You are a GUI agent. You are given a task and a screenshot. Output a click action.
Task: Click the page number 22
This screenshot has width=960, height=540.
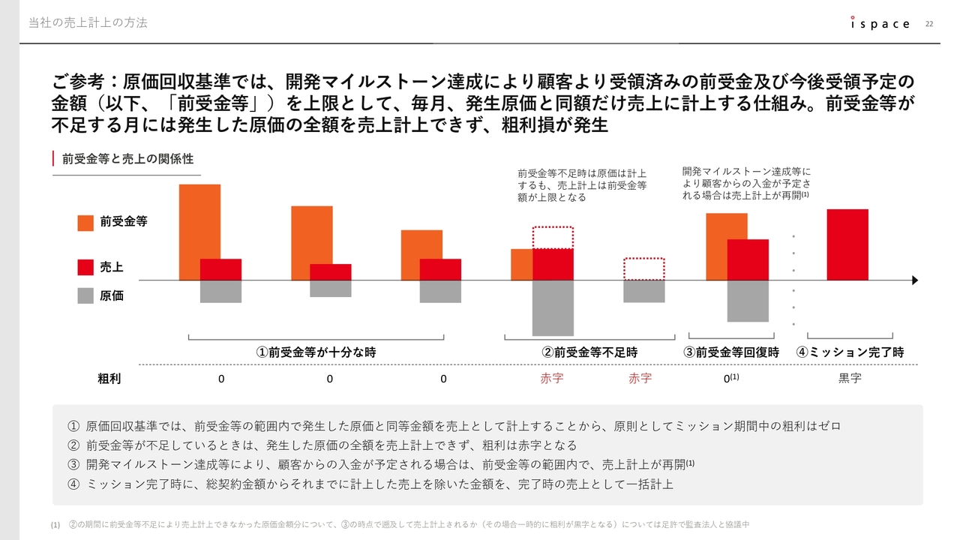(x=929, y=23)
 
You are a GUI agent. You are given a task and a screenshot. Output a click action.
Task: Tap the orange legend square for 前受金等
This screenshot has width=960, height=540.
(x=85, y=222)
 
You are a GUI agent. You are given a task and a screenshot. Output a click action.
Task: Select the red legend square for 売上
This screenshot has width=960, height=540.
(x=85, y=267)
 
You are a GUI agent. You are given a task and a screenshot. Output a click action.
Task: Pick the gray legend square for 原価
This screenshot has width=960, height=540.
(x=85, y=295)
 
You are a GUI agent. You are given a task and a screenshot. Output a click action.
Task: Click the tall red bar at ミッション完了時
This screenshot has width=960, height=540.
(x=847, y=244)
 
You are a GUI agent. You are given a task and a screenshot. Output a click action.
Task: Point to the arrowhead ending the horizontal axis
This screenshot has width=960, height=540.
(x=914, y=280)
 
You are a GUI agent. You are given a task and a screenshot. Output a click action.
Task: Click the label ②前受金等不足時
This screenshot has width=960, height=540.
(x=589, y=352)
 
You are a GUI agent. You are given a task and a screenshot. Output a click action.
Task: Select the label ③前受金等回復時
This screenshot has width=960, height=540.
(x=730, y=352)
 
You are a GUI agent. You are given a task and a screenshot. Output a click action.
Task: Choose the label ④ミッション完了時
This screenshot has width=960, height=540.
(x=850, y=352)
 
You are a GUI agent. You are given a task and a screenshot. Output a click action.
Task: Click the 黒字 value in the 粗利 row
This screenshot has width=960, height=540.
(x=850, y=379)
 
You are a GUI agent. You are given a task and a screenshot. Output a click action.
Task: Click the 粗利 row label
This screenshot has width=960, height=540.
(x=109, y=379)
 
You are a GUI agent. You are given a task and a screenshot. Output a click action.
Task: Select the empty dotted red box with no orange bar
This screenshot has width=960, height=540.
(x=644, y=269)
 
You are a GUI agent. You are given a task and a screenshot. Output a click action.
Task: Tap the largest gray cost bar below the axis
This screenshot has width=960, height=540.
(x=553, y=307)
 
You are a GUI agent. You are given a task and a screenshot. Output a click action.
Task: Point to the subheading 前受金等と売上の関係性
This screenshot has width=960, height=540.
(x=127, y=159)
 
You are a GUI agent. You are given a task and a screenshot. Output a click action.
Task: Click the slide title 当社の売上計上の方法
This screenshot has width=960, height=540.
(x=88, y=23)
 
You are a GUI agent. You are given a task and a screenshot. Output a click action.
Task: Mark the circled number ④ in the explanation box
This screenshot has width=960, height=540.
(x=73, y=484)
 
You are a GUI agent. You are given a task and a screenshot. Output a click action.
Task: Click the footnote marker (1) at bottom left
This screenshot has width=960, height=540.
(x=55, y=525)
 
